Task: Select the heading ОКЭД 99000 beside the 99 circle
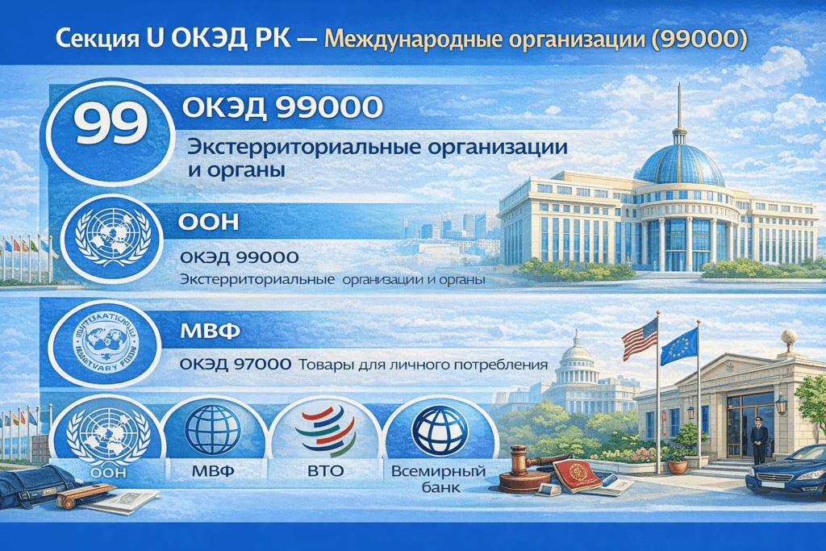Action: (x=273, y=106)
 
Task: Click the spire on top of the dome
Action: (x=679, y=105)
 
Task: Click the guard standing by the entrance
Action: (x=758, y=440)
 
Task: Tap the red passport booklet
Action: (x=578, y=476)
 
